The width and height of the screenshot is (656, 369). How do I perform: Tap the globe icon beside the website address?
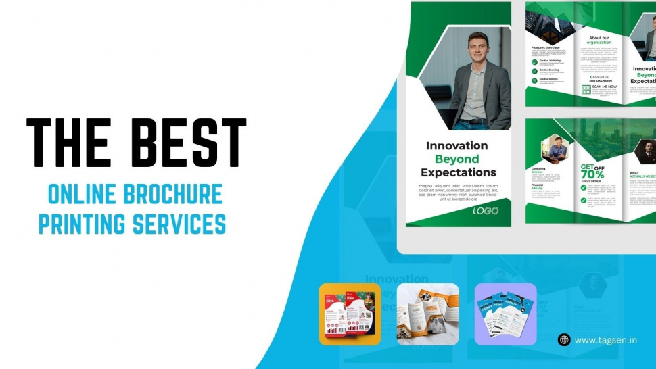click(x=564, y=340)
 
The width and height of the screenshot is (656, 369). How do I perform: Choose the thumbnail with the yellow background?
click(x=350, y=314)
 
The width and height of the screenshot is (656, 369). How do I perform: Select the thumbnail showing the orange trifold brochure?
click(x=427, y=314)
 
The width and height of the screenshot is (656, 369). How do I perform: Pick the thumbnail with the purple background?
click(x=505, y=314)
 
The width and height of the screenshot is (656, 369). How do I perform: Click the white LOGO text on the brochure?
click(x=486, y=211)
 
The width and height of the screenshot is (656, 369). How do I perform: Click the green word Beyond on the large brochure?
click(x=456, y=159)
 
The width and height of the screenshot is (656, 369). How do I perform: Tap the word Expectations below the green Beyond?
click(x=458, y=172)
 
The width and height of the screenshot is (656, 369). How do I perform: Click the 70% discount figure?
click(x=592, y=174)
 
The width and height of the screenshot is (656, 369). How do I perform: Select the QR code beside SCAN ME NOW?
click(x=586, y=89)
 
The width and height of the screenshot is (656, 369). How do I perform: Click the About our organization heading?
click(x=599, y=40)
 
